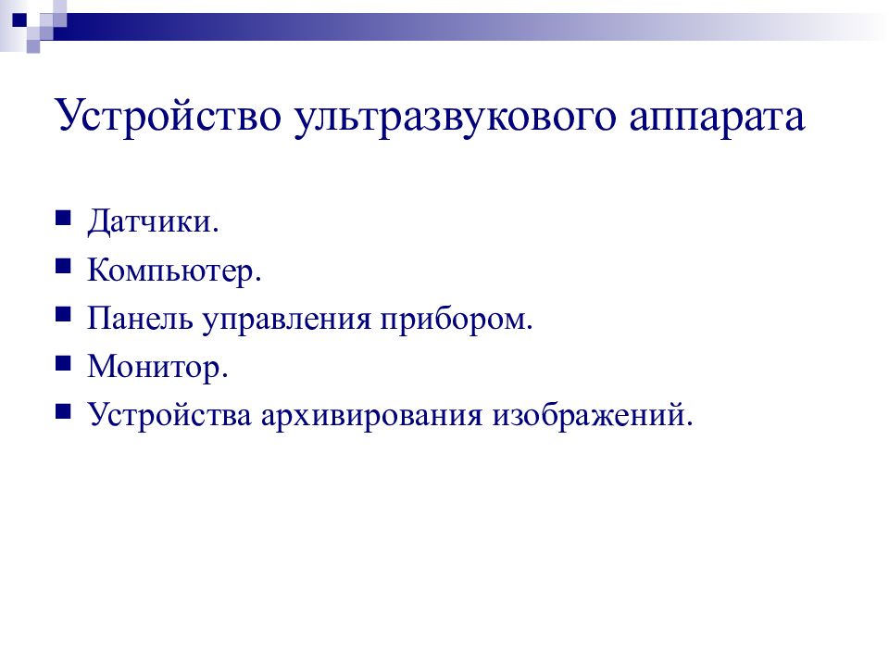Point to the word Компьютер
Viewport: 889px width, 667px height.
[170, 270]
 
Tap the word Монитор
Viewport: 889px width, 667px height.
[154, 367]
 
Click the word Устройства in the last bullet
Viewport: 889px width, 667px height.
[169, 415]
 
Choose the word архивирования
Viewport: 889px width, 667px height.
[370, 417]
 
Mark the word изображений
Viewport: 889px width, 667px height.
[588, 416]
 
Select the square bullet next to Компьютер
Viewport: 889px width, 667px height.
[63, 267]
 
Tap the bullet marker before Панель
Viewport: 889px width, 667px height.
[63, 315]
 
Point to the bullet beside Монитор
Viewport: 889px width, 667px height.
[63, 363]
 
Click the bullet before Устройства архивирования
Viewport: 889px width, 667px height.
[63, 411]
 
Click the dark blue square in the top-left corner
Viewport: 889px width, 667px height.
[19, 19]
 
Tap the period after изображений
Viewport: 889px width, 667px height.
[689, 423]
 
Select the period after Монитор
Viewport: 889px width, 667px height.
[224, 375]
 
